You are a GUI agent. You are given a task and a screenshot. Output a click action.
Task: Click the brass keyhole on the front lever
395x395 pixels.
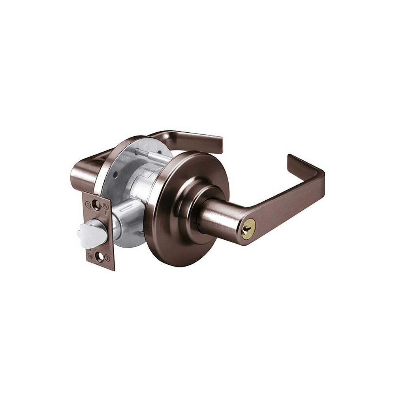point(248,229)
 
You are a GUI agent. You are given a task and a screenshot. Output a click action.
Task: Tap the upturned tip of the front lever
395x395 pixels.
point(295,158)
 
